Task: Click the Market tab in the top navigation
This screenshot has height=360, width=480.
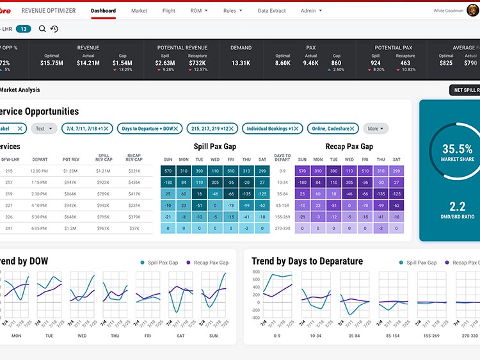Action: click(x=139, y=11)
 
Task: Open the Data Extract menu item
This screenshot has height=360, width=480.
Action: click(x=271, y=11)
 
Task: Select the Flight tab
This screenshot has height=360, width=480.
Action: click(x=169, y=11)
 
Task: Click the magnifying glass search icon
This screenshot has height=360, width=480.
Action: click(x=42, y=29)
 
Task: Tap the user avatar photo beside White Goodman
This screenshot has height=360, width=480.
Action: click(x=473, y=10)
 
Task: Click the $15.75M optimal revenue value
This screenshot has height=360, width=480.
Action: click(x=51, y=63)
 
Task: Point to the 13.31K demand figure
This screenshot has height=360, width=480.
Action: click(x=241, y=63)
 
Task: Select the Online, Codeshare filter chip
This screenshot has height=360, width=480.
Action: click(x=335, y=129)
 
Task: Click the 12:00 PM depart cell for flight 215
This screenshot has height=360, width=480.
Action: click(x=40, y=171)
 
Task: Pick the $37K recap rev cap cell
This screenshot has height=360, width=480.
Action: click(x=134, y=228)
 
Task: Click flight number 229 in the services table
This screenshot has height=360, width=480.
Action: click(x=9, y=193)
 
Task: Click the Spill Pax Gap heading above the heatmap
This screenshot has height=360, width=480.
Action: click(x=215, y=147)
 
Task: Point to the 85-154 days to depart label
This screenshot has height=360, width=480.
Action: click(x=282, y=205)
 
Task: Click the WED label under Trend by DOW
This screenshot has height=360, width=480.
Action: click(x=82, y=335)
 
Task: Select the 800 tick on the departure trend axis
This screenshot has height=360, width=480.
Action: click(x=257, y=272)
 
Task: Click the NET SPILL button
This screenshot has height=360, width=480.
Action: click(x=465, y=90)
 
